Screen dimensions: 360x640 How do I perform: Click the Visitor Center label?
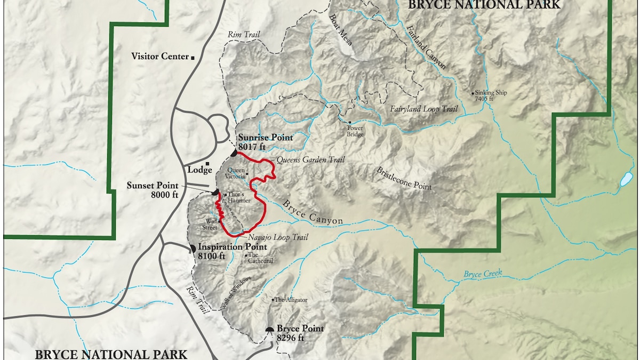[160, 57]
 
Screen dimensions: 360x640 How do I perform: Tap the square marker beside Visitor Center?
[193, 57]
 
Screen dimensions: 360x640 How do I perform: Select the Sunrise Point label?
[266, 138]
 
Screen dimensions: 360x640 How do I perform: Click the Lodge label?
[201, 170]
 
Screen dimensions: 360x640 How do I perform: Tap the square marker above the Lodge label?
[207, 163]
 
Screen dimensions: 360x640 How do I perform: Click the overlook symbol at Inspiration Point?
[193, 249]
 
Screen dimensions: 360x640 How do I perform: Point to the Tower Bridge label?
[355, 131]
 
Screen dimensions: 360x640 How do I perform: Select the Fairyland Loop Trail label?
[424, 109]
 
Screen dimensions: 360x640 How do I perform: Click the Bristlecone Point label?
[404, 179]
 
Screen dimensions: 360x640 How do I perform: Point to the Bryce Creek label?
[483, 274]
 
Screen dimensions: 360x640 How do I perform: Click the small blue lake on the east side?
[626, 179]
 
